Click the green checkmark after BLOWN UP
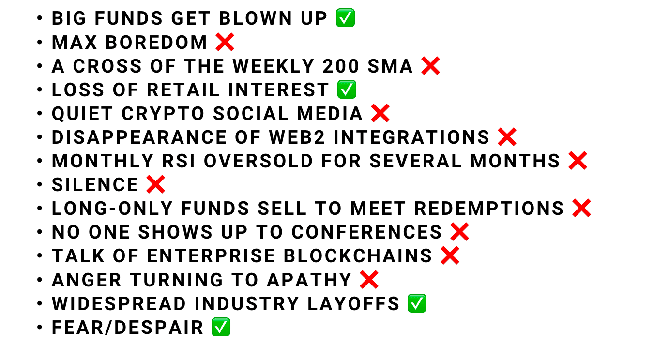pos(345,18)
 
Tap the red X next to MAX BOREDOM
pos(225,42)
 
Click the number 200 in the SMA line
pos(340,66)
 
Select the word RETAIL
pos(183,90)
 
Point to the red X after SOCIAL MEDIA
pos(380,113)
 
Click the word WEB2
pos(297,137)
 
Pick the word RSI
pos(178,161)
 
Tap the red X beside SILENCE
pos(155,184)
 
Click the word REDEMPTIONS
pos(489,208)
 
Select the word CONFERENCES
pos(366,232)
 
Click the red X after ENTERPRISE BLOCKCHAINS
pos(450,255)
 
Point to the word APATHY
pos(309,280)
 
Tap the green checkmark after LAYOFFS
pos(417,303)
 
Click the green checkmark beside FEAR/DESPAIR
pos(221,327)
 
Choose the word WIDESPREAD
pos(119,303)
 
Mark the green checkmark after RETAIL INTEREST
pos(347,89)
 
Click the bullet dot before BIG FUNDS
pos(39,17)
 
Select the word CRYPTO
pos(163,113)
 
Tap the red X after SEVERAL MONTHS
pos(578,161)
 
